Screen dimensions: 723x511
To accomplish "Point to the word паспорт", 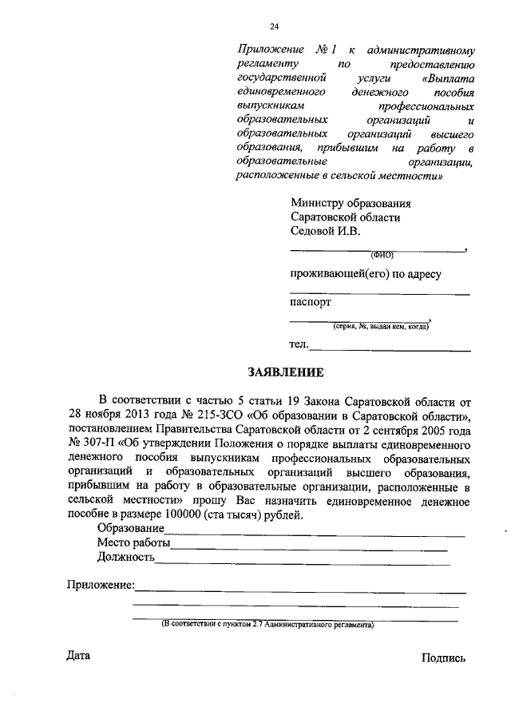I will click(x=310, y=302).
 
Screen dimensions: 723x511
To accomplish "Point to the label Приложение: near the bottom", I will click(x=100, y=586).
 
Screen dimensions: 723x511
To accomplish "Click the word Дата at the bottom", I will click(x=78, y=656).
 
